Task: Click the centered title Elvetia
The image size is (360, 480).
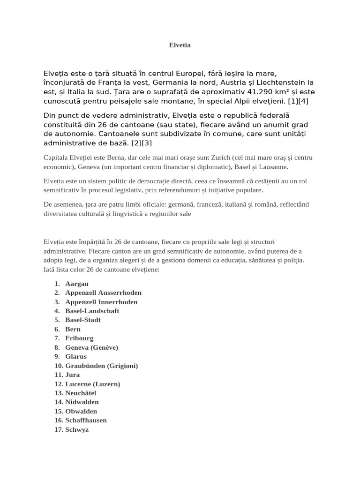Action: (180, 45)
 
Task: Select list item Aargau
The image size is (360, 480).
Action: (77, 284)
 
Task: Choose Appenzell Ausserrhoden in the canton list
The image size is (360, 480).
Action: (103, 293)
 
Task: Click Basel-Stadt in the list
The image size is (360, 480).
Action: (83, 320)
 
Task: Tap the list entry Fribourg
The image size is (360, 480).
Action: (79, 338)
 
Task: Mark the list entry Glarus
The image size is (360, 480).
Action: (76, 357)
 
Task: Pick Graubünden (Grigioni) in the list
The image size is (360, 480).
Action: (102, 366)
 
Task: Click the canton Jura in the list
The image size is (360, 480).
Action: (73, 375)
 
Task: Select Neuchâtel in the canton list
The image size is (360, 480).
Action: (81, 393)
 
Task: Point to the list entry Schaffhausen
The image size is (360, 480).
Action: (86, 420)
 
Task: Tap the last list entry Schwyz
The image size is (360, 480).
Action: (77, 430)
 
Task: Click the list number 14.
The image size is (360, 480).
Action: (59, 402)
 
